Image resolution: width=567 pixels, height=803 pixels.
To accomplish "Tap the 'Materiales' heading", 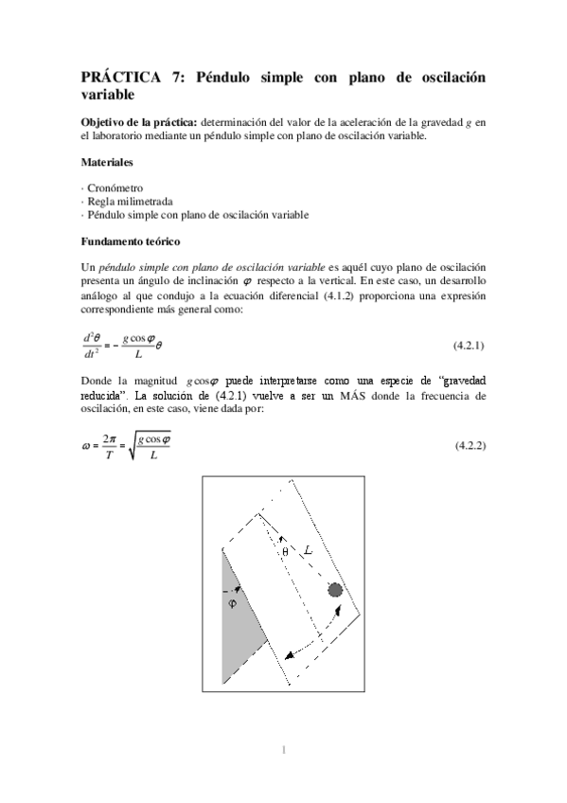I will tap(106, 162).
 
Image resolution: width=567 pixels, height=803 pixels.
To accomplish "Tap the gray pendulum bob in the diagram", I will tap(335, 591).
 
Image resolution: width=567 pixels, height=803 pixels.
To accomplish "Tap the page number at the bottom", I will tap(284, 751).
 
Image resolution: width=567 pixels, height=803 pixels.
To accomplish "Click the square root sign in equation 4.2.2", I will tap(133, 445).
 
